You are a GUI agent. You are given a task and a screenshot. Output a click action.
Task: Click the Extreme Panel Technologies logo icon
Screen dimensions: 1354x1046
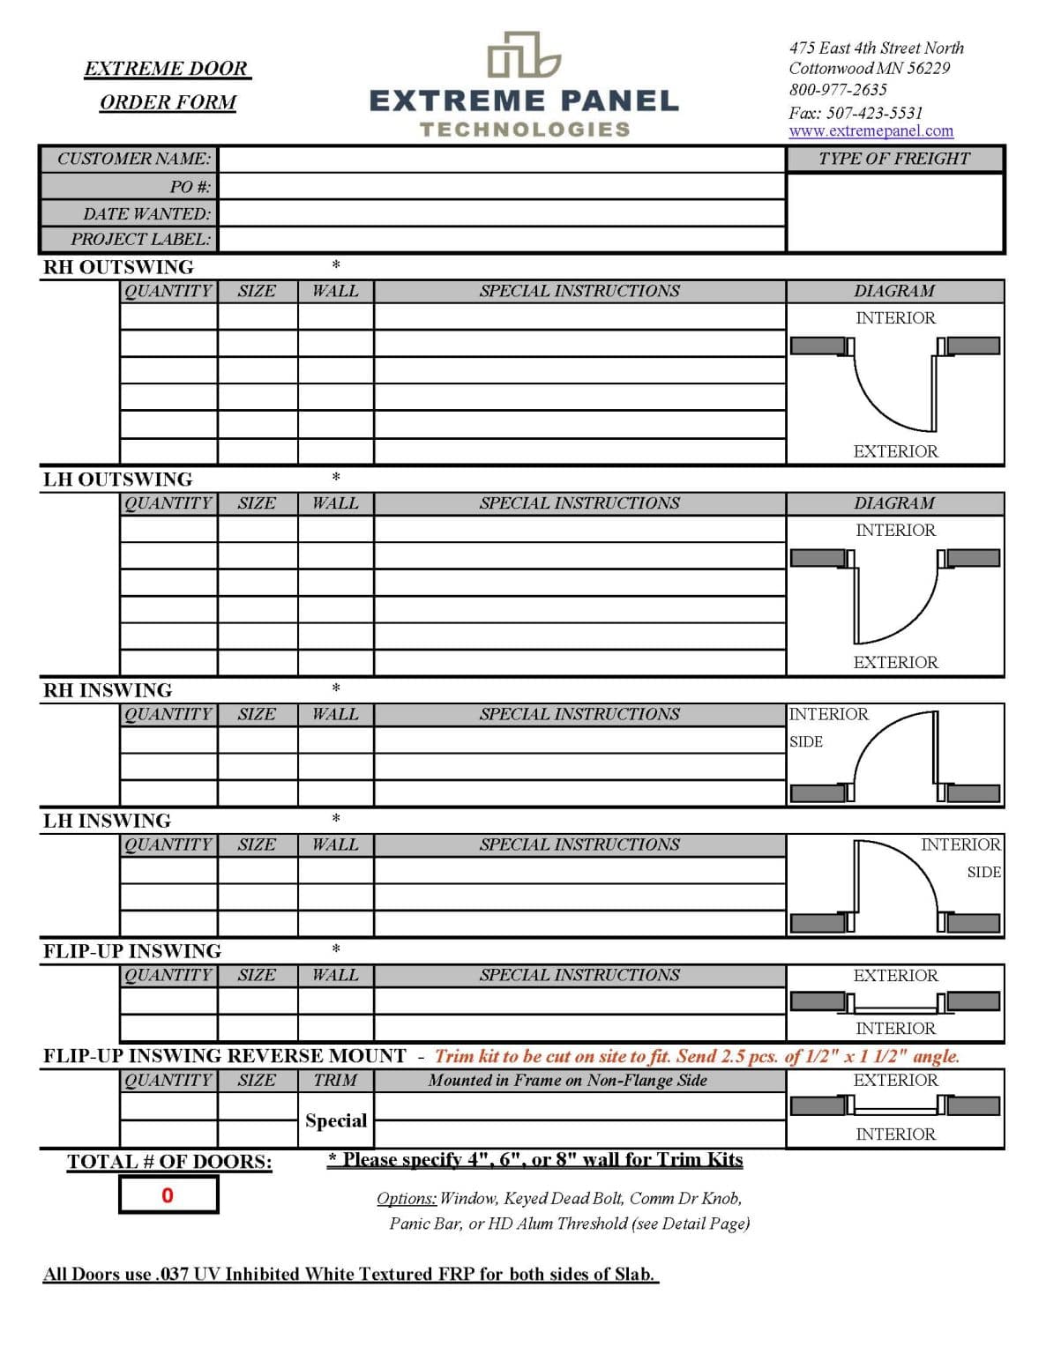point(524,55)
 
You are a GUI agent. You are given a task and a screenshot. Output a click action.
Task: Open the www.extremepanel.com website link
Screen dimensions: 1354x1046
point(870,131)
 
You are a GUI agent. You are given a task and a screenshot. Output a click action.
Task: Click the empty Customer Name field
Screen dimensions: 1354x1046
point(501,160)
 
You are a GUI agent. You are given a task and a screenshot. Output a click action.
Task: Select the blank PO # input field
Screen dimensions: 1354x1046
point(501,187)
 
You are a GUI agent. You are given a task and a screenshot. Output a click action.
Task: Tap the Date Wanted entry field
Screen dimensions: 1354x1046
point(501,213)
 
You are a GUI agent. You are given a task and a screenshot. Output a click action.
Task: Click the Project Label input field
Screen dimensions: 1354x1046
point(501,239)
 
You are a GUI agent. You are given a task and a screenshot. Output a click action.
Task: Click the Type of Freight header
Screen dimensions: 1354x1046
point(893,159)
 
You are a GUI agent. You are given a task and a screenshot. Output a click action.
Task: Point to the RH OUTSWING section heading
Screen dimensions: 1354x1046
point(118,267)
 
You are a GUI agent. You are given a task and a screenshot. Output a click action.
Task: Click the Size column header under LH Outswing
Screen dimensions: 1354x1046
point(257,503)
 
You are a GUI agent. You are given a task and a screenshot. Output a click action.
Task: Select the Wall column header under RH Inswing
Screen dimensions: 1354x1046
point(335,714)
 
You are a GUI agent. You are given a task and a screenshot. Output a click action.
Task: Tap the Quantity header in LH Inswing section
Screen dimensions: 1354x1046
point(168,844)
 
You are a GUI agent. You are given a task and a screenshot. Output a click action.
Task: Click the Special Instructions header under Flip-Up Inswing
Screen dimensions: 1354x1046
point(579,975)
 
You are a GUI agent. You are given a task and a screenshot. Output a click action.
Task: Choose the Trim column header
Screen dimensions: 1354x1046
point(335,1081)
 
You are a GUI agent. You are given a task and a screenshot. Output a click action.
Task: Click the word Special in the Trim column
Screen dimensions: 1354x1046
point(335,1120)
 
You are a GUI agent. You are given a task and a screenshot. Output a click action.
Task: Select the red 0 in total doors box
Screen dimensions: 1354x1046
point(168,1195)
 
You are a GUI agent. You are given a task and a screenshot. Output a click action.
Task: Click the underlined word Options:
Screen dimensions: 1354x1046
point(407,1198)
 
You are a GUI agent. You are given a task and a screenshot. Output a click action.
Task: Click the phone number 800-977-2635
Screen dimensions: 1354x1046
point(838,90)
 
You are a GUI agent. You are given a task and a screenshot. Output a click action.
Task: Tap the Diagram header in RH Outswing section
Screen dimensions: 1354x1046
point(893,291)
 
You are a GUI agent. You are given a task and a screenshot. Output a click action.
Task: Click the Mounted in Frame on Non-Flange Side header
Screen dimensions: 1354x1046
point(567,1081)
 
